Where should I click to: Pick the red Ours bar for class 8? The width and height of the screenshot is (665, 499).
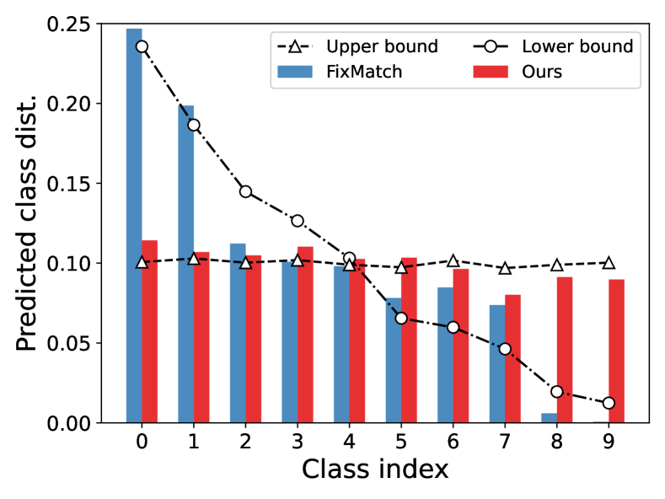565,350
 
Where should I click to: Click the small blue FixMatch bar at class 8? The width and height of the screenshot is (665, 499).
549,418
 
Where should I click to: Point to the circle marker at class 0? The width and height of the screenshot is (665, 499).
142,46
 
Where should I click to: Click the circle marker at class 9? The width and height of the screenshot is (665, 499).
609,403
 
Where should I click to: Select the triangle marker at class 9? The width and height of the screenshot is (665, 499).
609,263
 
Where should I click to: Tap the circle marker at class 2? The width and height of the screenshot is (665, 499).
245,191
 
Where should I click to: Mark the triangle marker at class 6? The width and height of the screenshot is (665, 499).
453,261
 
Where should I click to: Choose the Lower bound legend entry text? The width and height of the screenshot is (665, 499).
577,46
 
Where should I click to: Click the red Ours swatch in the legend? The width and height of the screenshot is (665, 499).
489,72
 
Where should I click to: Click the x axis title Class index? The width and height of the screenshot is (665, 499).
375,470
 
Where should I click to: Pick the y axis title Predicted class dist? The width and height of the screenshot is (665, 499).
27,223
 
